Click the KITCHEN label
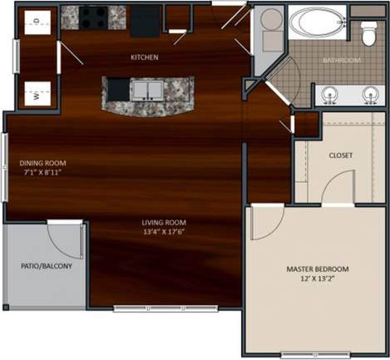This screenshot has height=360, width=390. point(145,57)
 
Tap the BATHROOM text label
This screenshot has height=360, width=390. point(341,61)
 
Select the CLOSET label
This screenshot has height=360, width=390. point(341,155)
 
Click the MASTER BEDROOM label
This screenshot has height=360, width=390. point(317,269)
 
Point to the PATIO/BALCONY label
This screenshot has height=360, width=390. point(46,267)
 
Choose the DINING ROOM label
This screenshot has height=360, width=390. point(42,163)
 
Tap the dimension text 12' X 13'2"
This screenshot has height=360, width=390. point(317,281)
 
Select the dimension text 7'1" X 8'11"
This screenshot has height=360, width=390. point(42,174)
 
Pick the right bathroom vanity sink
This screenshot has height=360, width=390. point(369,93)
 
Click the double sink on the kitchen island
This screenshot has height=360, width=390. point(147,89)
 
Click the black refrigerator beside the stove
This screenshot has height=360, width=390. point(145,21)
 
